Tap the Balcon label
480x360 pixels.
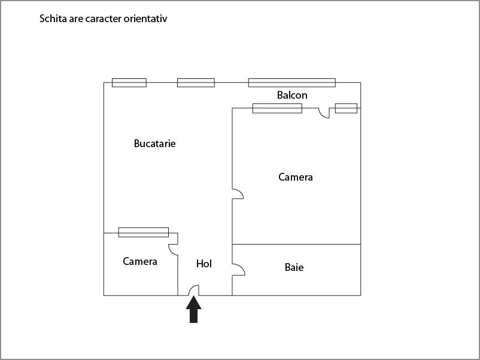(x=292, y=95)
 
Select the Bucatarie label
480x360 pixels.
(x=154, y=144)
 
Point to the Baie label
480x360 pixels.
(x=294, y=267)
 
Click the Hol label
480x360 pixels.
(x=204, y=264)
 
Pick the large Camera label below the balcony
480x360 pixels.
(x=296, y=177)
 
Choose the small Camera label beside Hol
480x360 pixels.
(x=140, y=261)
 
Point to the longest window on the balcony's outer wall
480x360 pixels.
(x=291, y=83)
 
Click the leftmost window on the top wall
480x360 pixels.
(x=129, y=83)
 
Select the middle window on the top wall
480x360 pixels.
(x=196, y=83)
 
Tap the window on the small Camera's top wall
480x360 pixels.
(x=144, y=232)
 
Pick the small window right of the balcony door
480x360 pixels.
(x=346, y=108)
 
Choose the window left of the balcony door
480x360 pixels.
(x=277, y=108)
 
